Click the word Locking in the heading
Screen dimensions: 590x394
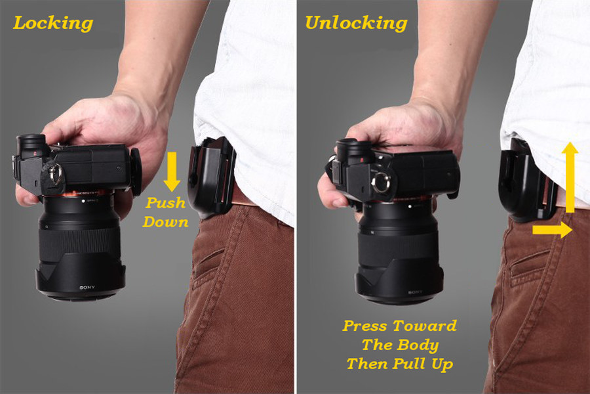[53, 24]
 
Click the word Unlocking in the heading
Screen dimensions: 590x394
[356, 24]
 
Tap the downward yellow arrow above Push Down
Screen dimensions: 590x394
[172, 171]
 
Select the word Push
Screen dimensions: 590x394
[166, 203]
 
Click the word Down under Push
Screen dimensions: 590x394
[166, 222]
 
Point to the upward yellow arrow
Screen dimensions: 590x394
[570, 177]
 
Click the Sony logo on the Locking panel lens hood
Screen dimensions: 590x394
[87, 288]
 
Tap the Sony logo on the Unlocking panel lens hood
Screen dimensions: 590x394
[415, 292]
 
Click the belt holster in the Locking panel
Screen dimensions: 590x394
[212, 177]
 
